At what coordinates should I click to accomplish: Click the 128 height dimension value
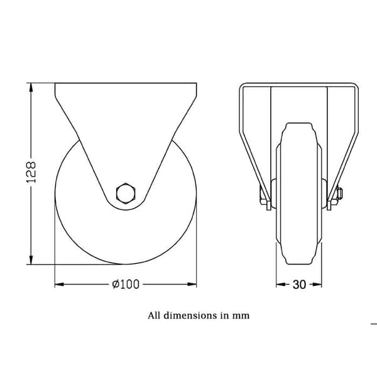tap(31, 172)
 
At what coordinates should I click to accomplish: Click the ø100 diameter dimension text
tap(126, 285)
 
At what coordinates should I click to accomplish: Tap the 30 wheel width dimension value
tap(299, 285)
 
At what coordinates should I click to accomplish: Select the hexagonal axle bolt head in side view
tap(126, 193)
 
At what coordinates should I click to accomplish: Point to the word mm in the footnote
tap(241, 316)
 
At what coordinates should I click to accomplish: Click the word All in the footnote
tap(154, 315)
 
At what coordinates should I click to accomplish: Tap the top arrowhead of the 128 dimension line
tap(31, 87)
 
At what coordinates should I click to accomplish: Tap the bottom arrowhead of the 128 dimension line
tap(31, 260)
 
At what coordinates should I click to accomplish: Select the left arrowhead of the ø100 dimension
tap(60, 285)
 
